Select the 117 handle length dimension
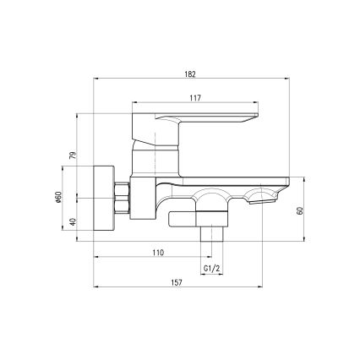click(195, 99)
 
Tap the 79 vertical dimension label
click(74, 155)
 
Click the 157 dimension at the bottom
click(176, 282)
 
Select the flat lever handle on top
click(211, 116)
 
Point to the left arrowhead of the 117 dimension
click(136, 105)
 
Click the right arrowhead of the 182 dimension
click(287, 80)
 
